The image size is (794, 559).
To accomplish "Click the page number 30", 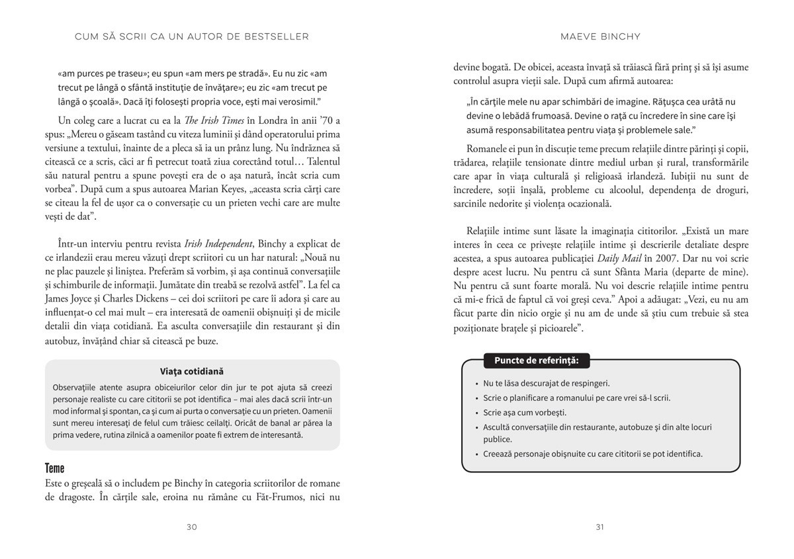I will [192, 527].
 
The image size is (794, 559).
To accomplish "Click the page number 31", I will [600, 527].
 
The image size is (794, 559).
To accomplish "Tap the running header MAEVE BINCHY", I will [600, 36].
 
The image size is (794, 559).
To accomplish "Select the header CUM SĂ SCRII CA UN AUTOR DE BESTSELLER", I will [192, 36].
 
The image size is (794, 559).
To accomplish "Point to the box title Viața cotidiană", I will [192, 372].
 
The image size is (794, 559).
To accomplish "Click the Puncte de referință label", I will [536, 361].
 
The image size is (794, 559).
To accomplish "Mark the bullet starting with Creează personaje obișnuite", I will [593, 454].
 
